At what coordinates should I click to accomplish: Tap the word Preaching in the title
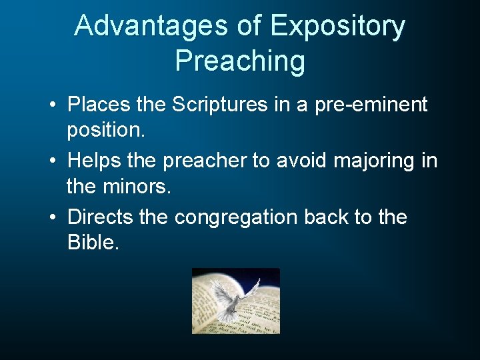[x=240, y=61]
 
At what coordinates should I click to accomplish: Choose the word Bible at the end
[x=93, y=243]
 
